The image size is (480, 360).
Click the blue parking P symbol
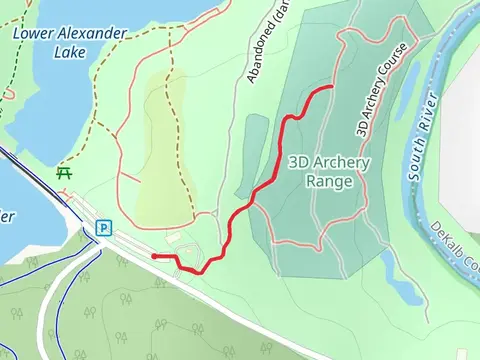[103, 228]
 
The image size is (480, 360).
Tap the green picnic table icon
[66, 173]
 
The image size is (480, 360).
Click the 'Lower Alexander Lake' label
[70, 42]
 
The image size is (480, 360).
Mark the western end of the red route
[154, 256]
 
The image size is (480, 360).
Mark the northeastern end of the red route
[331, 89]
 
